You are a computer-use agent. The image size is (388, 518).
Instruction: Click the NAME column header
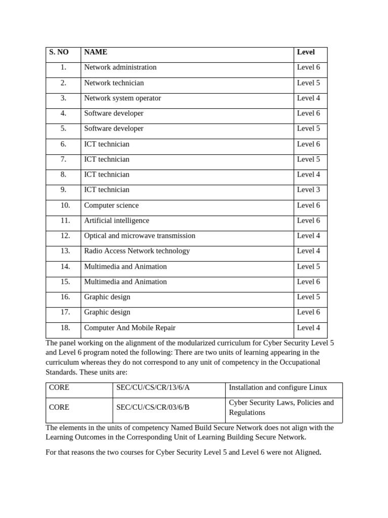(x=95, y=52)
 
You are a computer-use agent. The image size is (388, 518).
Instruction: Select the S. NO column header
(x=58, y=52)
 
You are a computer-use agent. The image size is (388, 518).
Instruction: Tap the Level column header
(x=306, y=52)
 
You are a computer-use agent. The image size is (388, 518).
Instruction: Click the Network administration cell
(x=120, y=67)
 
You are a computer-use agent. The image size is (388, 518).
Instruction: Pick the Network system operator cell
(x=122, y=98)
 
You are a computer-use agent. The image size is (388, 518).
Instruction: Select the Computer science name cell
(x=111, y=205)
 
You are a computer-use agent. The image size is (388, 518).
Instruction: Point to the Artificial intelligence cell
(x=117, y=221)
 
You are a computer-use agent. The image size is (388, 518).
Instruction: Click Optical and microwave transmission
(x=139, y=236)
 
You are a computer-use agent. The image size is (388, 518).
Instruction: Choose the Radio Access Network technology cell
(x=137, y=251)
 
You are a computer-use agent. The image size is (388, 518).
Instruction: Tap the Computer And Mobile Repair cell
(x=130, y=328)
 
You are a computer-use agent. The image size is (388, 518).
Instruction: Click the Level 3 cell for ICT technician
(x=308, y=190)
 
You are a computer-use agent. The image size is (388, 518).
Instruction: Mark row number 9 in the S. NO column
(x=63, y=190)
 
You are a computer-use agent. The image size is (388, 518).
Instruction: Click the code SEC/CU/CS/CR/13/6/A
(x=153, y=387)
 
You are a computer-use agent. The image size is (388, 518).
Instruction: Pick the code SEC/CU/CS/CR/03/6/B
(x=153, y=407)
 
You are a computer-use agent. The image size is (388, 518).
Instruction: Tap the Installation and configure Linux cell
(x=278, y=387)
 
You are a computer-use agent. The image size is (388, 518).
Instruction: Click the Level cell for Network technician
(x=308, y=83)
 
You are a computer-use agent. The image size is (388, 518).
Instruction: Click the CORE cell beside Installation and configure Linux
(x=59, y=387)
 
